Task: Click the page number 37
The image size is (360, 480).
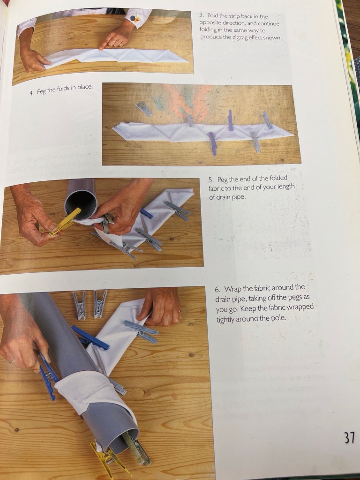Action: point(349,437)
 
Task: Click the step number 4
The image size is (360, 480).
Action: point(31,93)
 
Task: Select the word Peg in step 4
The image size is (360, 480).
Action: point(42,91)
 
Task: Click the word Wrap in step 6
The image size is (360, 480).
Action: point(232,289)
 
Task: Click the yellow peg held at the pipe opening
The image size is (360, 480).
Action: point(65,222)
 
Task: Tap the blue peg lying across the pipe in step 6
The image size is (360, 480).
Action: point(90,337)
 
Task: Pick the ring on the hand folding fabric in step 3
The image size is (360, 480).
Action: point(121,45)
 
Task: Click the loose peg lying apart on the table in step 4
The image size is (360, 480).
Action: point(143,109)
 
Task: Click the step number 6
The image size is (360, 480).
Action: point(217,290)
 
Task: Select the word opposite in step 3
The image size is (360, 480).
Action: point(210,23)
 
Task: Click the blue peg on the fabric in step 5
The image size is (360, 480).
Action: point(146,213)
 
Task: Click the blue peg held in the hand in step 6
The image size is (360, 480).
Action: point(48,377)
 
